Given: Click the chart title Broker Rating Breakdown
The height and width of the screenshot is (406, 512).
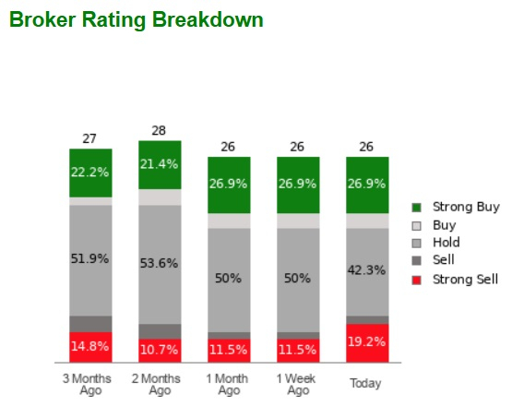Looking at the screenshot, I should click(136, 19).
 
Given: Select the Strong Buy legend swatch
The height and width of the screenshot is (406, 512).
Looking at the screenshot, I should click(417, 208).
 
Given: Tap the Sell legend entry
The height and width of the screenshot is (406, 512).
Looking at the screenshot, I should click(443, 260).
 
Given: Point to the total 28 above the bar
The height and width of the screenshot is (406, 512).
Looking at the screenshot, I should click(159, 131).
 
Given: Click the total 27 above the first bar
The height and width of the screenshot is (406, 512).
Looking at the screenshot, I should click(89, 139).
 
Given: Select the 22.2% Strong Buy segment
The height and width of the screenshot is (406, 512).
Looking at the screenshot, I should click(89, 173).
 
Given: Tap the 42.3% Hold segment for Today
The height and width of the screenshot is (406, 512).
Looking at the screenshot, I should click(367, 271).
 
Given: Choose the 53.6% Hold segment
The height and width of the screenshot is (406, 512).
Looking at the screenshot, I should click(159, 264).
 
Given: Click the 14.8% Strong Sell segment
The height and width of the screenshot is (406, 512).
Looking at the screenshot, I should click(89, 347).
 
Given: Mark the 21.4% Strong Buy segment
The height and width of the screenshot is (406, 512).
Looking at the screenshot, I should click(159, 164).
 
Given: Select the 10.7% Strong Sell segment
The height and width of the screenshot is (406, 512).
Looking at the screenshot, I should click(159, 351).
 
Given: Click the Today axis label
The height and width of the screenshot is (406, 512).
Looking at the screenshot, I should click(367, 383).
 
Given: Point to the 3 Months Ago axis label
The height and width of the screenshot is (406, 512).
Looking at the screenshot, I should click(89, 384).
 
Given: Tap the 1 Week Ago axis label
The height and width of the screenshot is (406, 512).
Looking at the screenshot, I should click(297, 384).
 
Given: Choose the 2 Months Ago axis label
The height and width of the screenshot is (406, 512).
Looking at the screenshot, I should click(159, 384).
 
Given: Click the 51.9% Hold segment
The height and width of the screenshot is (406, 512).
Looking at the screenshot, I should click(89, 259).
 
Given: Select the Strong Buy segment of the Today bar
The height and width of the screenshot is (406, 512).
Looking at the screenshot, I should click(367, 185).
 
